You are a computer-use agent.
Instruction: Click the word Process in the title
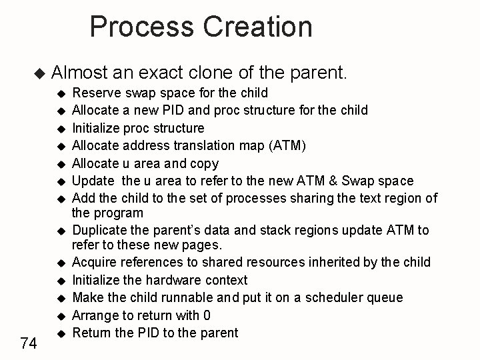139,27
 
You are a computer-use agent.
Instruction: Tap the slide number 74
28,343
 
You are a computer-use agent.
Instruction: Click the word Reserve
93,92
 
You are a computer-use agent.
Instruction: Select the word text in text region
360,198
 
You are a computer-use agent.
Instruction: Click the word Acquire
94,262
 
